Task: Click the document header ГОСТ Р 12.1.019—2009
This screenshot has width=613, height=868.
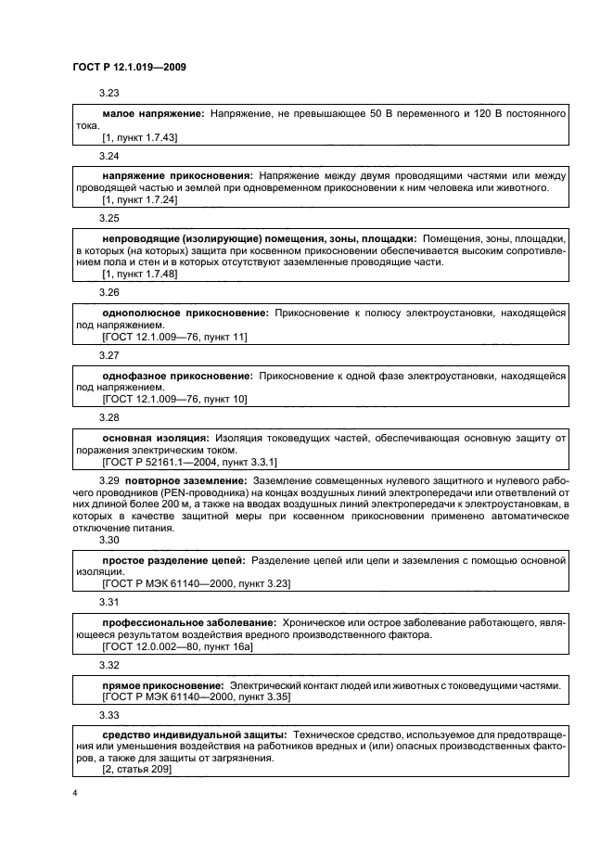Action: click(x=130, y=69)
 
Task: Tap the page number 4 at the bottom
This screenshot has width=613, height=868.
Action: click(x=75, y=793)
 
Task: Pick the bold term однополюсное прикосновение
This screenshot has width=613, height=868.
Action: click(x=180, y=313)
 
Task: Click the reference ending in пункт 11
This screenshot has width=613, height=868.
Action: click(x=174, y=337)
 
